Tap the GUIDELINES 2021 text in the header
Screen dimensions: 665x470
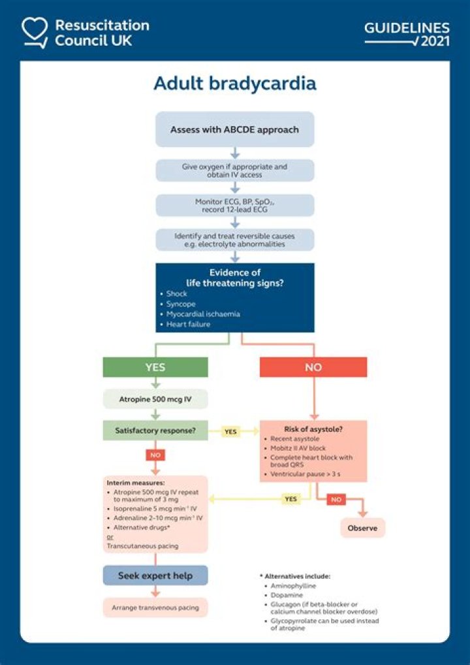pyautogui.click(x=407, y=34)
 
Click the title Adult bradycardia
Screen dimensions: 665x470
pyautogui.click(x=234, y=84)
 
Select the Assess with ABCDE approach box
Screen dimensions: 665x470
pyautogui.click(x=234, y=129)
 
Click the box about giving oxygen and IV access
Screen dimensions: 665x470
pyautogui.click(x=234, y=170)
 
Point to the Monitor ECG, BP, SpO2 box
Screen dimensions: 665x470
pyautogui.click(x=234, y=205)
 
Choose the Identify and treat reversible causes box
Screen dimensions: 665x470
pyautogui.click(x=234, y=239)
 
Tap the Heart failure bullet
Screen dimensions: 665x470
pyautogui.click(x=188, y=324)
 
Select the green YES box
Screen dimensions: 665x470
pyautogui.click(x=155, y=367)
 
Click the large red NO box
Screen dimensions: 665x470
pyautogui.click(x=313, y=367)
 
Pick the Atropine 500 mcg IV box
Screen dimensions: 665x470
pyautogui.click(x=155, y=399)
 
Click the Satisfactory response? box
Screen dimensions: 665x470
pyautogui.click(x=155, y=430)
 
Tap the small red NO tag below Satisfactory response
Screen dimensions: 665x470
pyautogui.click(x=156, y=455)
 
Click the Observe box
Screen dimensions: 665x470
pyautogui.click(x=362, y=528)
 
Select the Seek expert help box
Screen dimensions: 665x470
pyautogui.click(x=155, y=576)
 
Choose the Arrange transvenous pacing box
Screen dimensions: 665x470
pyautogui.click(x=155, y=608)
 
